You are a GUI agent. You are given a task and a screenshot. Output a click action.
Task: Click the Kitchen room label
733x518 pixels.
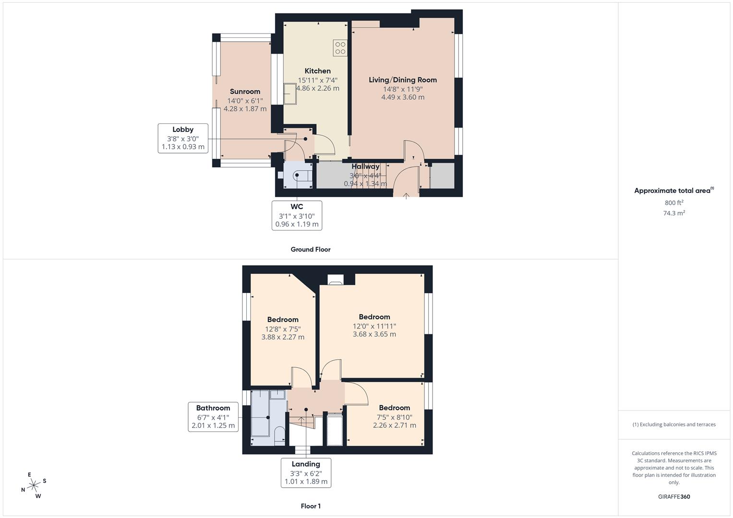(x=317, y=71)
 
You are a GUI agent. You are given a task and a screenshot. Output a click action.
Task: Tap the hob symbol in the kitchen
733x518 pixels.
(x=340, y=47)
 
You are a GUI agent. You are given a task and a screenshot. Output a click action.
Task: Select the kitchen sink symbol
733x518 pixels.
(x=290, y=94)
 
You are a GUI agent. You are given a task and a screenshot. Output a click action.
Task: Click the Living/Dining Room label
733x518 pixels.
(x=403, y=80)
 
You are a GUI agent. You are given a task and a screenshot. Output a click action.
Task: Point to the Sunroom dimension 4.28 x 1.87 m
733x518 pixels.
(x=245, y=109)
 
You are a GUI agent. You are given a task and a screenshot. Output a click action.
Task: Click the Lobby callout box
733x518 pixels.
(x=183, y=138)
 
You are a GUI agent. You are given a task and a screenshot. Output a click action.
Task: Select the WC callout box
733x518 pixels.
(x=297, y=215)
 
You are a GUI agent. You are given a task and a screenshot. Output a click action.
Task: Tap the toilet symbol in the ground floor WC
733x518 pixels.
(x=300, y=175)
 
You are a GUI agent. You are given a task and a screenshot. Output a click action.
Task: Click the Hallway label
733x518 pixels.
(x=365, y=166)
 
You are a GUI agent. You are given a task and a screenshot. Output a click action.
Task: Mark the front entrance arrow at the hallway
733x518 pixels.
(x=406, y=196)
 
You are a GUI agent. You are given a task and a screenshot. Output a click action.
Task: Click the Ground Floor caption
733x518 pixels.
(x=311, y=249)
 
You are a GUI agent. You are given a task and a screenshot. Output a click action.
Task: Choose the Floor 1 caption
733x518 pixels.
(x=311, y=506)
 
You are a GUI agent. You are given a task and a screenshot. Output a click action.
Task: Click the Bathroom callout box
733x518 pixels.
(x=213, y=417)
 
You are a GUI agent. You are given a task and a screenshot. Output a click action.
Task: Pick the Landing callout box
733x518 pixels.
(x=306, y=473)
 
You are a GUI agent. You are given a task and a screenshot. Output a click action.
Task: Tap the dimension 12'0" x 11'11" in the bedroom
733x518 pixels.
(x=374, y=326)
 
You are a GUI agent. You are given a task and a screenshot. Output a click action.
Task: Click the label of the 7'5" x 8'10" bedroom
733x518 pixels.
(x=395, y=408)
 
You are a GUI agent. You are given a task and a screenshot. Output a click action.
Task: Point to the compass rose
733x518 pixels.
(x=34, y=485)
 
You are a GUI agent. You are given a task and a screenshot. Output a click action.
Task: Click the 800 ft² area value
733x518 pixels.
(x=674, y=203)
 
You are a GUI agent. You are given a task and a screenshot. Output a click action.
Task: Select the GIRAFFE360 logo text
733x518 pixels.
(x=674, y=496)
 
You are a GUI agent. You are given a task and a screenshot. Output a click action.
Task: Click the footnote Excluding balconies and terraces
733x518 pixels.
(x=674, y=424)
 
